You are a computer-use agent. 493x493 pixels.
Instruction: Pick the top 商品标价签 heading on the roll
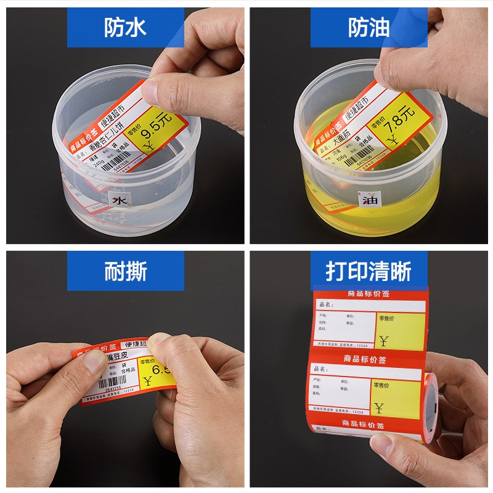click(369, 293)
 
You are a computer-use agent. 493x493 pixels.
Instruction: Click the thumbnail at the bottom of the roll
click(383, 442)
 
